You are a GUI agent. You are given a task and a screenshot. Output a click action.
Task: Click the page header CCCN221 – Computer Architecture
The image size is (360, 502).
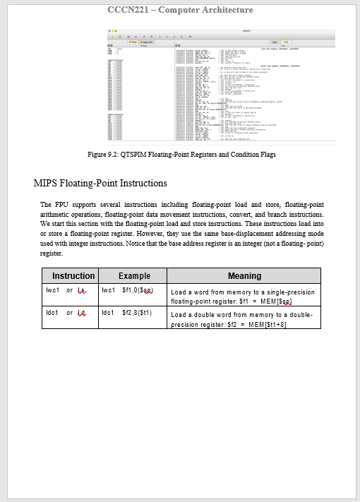[180, 10]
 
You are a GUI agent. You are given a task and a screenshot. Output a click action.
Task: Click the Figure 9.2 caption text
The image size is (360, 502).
[181, 154]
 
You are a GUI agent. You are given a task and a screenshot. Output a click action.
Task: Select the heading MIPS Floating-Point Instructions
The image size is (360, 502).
[100, 184]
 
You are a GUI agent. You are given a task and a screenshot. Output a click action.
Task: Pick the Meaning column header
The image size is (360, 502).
[244, 276]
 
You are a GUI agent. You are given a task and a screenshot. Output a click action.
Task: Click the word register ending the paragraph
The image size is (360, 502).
[52, 252]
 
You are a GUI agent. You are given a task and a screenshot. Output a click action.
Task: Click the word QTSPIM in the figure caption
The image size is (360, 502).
[127, 154]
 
